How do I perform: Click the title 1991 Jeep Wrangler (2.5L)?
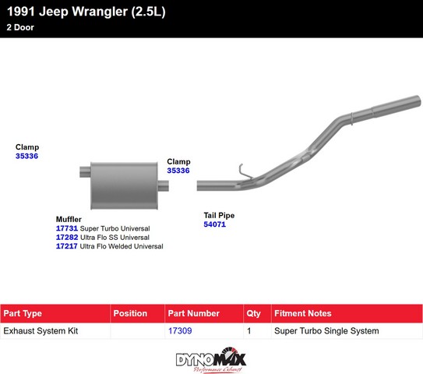(x=86, y=12)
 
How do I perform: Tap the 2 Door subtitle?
(x=20, y=27)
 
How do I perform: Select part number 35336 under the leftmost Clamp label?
(x=26, y=156)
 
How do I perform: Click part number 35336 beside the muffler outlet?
(x=178, y=171)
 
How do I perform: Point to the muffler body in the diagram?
(x=124, y=185)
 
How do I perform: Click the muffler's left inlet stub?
(x=85, y=172)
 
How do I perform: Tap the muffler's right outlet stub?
(x=164, y=186)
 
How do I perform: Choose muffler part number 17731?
(x=67, y=228)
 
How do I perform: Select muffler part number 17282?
(x=67, y=237)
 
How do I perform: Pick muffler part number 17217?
(x=67, y=246)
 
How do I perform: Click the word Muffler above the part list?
(x=69, y=219)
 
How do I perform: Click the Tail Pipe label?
(x=219, y=215)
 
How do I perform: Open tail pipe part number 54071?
(x=214, y=224)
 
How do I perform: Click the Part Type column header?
(x=23, y=313)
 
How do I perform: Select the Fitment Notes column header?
(x=303, y=313)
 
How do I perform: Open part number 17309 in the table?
(x=180, y=330)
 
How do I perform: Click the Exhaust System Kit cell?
(x=41, y=330)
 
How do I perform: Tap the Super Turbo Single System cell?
(x=326, y=330)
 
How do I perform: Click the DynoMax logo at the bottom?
(x=210, y=360)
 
